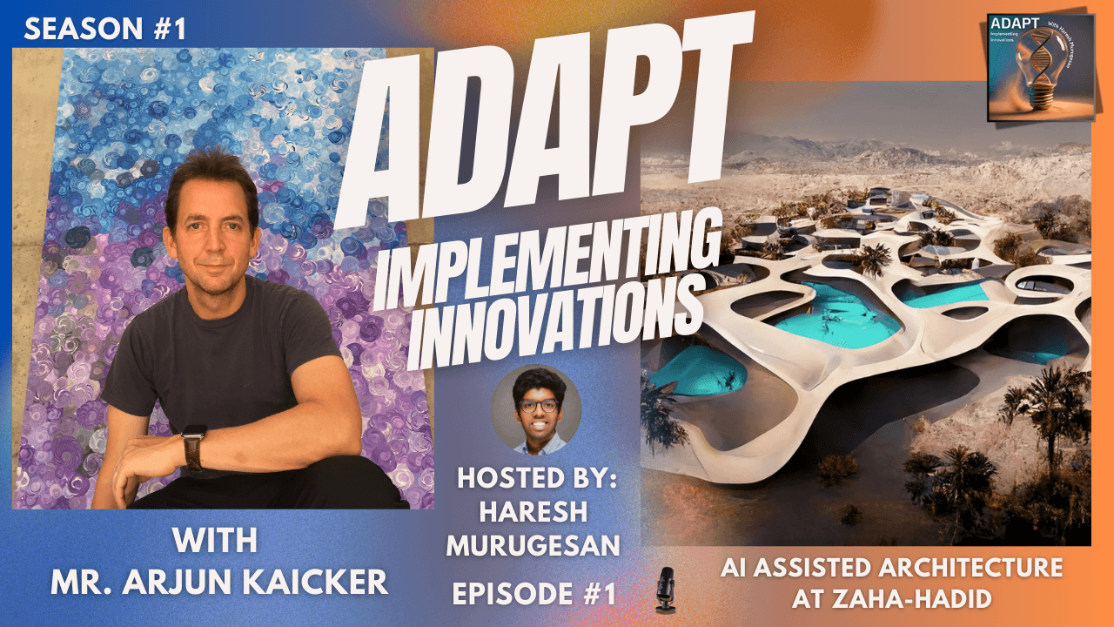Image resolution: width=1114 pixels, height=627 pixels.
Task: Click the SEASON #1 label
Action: (105, 30)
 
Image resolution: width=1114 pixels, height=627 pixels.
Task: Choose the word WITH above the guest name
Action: (215, 540)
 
